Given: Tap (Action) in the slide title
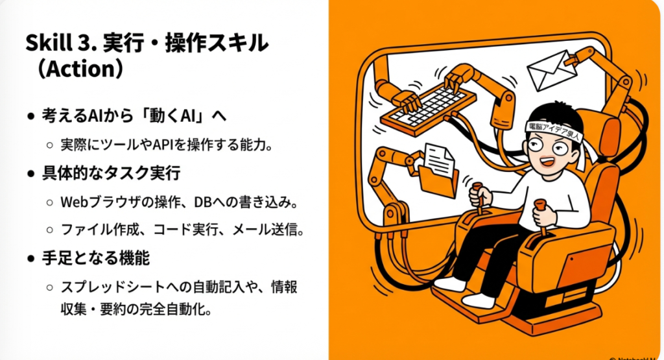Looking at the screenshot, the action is (80, 69).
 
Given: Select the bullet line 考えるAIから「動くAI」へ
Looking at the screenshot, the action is (134, 115).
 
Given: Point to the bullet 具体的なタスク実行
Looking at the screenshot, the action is (111, 173).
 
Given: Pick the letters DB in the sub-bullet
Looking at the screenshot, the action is (202, 202).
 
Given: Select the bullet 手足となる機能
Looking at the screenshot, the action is (96, 258).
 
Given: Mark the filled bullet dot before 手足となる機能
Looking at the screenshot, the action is (30, 258).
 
